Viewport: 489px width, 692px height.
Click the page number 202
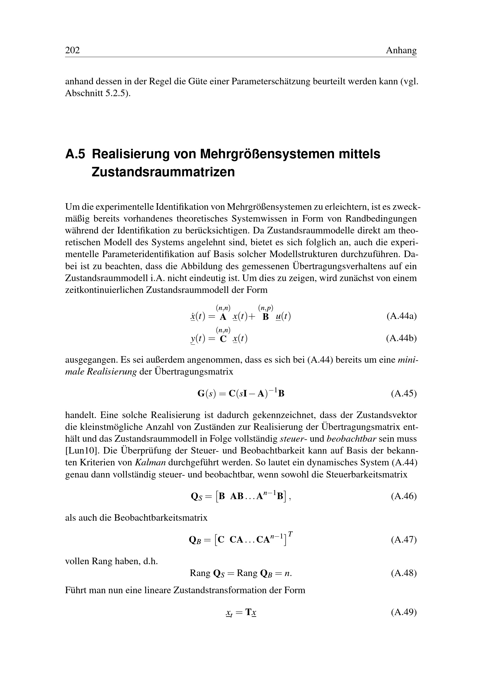72,50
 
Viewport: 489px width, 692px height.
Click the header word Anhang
401,50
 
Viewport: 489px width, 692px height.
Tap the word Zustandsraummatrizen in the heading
163,172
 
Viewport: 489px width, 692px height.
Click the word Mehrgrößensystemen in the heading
265,154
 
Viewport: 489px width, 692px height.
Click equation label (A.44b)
401,338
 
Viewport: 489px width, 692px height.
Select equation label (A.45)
404,393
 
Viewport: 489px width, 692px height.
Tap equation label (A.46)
404,496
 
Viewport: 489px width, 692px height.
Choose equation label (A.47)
404,540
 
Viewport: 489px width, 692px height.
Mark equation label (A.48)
404,573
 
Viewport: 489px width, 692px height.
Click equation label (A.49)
404,612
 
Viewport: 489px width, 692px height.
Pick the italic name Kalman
150,462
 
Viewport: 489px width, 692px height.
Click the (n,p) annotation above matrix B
265,308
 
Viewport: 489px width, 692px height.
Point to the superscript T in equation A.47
290,534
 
